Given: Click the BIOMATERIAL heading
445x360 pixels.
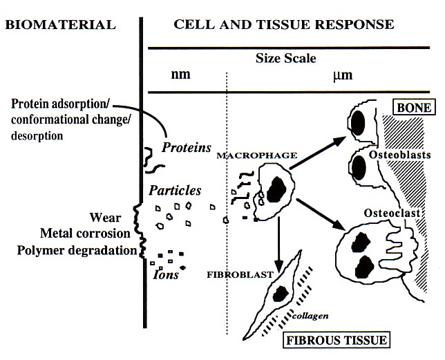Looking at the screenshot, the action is pyautogui.click(x=60, y=25).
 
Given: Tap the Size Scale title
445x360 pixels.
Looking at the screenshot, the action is pyautogui.click(x=286, y=59).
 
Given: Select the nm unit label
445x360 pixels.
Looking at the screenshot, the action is pyautogui.click(x=180, y=75).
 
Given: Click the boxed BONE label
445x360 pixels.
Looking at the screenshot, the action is pyautogui.click(x=414, y=108).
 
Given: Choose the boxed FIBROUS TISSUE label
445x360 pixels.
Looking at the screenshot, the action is pyautogui.click(x=337, y=340).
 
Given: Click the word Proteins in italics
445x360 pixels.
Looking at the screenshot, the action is pyautogui.click(x=187, y=147).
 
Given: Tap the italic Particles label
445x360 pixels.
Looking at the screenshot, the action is pyautogui.click(x=175, y=190).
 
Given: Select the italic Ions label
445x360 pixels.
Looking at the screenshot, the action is pyautogui.click(x=166, y=274).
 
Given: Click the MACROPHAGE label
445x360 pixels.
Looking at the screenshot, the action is pyautogui.click(x=257, y=155).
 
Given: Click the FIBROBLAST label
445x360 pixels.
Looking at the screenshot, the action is pyautogui.click(x=240, y=274).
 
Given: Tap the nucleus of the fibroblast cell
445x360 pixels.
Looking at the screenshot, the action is pyautogui.click(x=281, y=294).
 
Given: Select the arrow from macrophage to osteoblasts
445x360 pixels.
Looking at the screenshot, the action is pyautogui.click(x=318, y=153).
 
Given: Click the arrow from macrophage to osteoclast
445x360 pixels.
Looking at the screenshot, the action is pyautogui.click(x=321, y=214).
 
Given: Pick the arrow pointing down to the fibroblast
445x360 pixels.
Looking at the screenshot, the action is pyautogui.click(x=278, y=245).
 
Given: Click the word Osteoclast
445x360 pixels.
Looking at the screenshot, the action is pyautogui.click(x=392, y=213).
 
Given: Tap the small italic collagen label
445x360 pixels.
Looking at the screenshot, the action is pyautogui.click(x=310, y=316).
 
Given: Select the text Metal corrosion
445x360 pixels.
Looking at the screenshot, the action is pyautogui.click(x=85, y=234).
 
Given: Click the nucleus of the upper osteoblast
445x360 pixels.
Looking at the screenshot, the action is pyautogui.click(x=358, y=123).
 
